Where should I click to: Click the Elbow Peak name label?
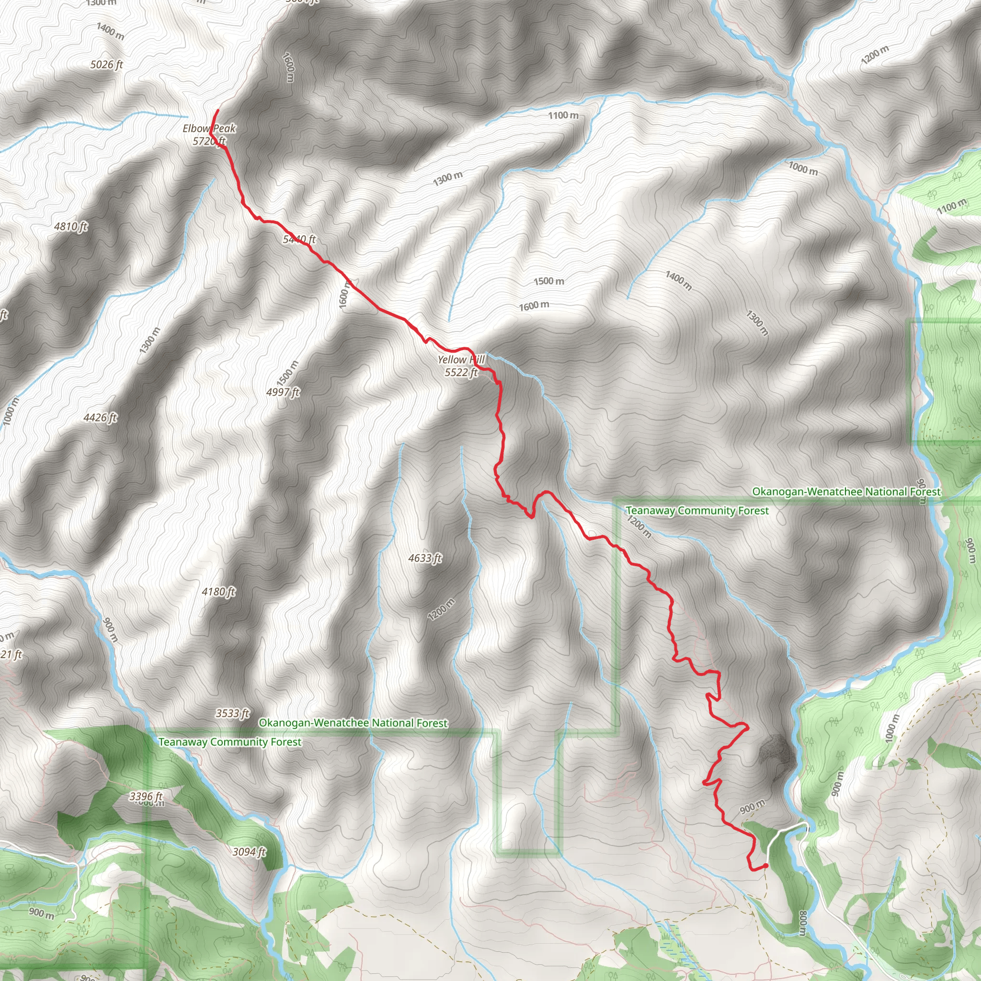click(209, 128)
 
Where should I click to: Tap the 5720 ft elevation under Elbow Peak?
click(209, 141)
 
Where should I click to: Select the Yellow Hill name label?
click(461, 360)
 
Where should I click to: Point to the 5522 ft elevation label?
click(461, 372)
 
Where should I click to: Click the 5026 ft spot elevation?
click(107, 65)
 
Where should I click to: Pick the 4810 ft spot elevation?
click(70, 226)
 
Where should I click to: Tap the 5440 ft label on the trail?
click(299, 239)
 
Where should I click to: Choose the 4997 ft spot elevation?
click(283, 392)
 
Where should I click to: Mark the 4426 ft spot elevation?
click(100, 417)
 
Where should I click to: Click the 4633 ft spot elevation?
click(425, 558)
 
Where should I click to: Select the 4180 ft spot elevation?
click(218, 592)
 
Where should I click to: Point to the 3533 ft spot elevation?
click(232, 713)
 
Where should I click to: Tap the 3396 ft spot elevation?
click(146, 796)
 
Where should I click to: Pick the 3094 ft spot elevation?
click(249, 852)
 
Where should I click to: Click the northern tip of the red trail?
click(218, 110)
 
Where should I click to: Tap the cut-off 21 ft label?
click(11, 654)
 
